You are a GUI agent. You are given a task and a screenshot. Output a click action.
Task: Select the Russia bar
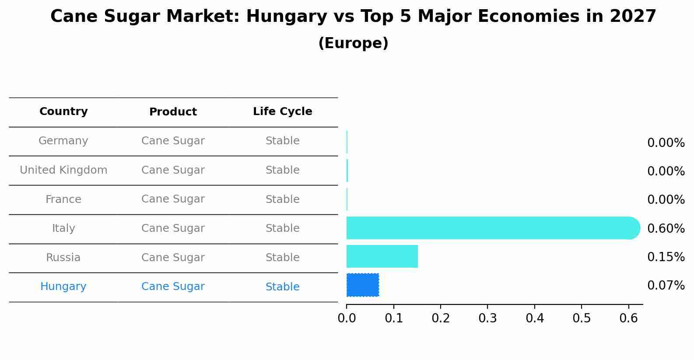382,256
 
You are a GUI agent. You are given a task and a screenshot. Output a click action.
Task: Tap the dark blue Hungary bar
363,285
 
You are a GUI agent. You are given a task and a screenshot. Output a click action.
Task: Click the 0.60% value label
666,228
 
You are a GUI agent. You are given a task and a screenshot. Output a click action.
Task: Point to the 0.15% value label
666,257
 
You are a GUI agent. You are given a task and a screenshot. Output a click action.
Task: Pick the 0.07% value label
666,286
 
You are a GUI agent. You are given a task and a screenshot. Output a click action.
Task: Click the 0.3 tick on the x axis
487,318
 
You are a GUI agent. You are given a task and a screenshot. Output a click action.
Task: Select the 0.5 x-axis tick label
582,318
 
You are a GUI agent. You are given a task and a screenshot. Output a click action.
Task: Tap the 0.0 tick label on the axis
347,318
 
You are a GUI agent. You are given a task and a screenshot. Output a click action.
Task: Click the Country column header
63,112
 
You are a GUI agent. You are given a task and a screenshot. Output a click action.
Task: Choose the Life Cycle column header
282,112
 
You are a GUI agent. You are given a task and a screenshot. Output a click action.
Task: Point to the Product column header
173,112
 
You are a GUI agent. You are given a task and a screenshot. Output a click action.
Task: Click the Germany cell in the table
63,141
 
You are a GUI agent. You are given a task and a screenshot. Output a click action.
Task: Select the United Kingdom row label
63,170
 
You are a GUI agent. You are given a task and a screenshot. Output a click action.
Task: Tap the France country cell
63,199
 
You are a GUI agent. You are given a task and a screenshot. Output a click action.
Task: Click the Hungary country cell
63,287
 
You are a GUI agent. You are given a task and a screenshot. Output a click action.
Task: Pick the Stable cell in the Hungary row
282,287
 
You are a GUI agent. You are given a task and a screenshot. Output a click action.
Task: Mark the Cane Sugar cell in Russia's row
173,258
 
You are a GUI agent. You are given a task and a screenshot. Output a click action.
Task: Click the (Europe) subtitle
353,43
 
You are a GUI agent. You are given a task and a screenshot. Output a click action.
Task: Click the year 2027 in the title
633,17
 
